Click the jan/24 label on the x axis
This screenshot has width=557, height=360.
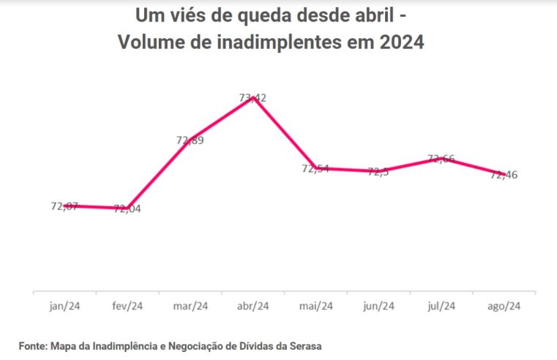pos(64,306)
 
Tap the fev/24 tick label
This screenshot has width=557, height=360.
pos(127,306)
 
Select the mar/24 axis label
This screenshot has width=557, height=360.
pos(190,306)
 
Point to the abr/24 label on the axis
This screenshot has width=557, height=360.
pos(253,306)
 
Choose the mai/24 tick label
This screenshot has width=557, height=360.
pos(316,306)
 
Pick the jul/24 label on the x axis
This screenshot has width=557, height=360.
pos(441,306)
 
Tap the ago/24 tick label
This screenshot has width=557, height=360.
pos(504,306)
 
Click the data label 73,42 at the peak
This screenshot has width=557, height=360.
pos(253,97)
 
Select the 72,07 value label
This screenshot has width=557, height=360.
pos(64,206)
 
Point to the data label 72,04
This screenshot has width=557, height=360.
pos(127,209)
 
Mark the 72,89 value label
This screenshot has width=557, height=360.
pos(190,140)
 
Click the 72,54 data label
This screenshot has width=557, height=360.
pos(315,168)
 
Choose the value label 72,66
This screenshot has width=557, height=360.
pos(441,159)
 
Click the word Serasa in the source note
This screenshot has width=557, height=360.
pos(305,345)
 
